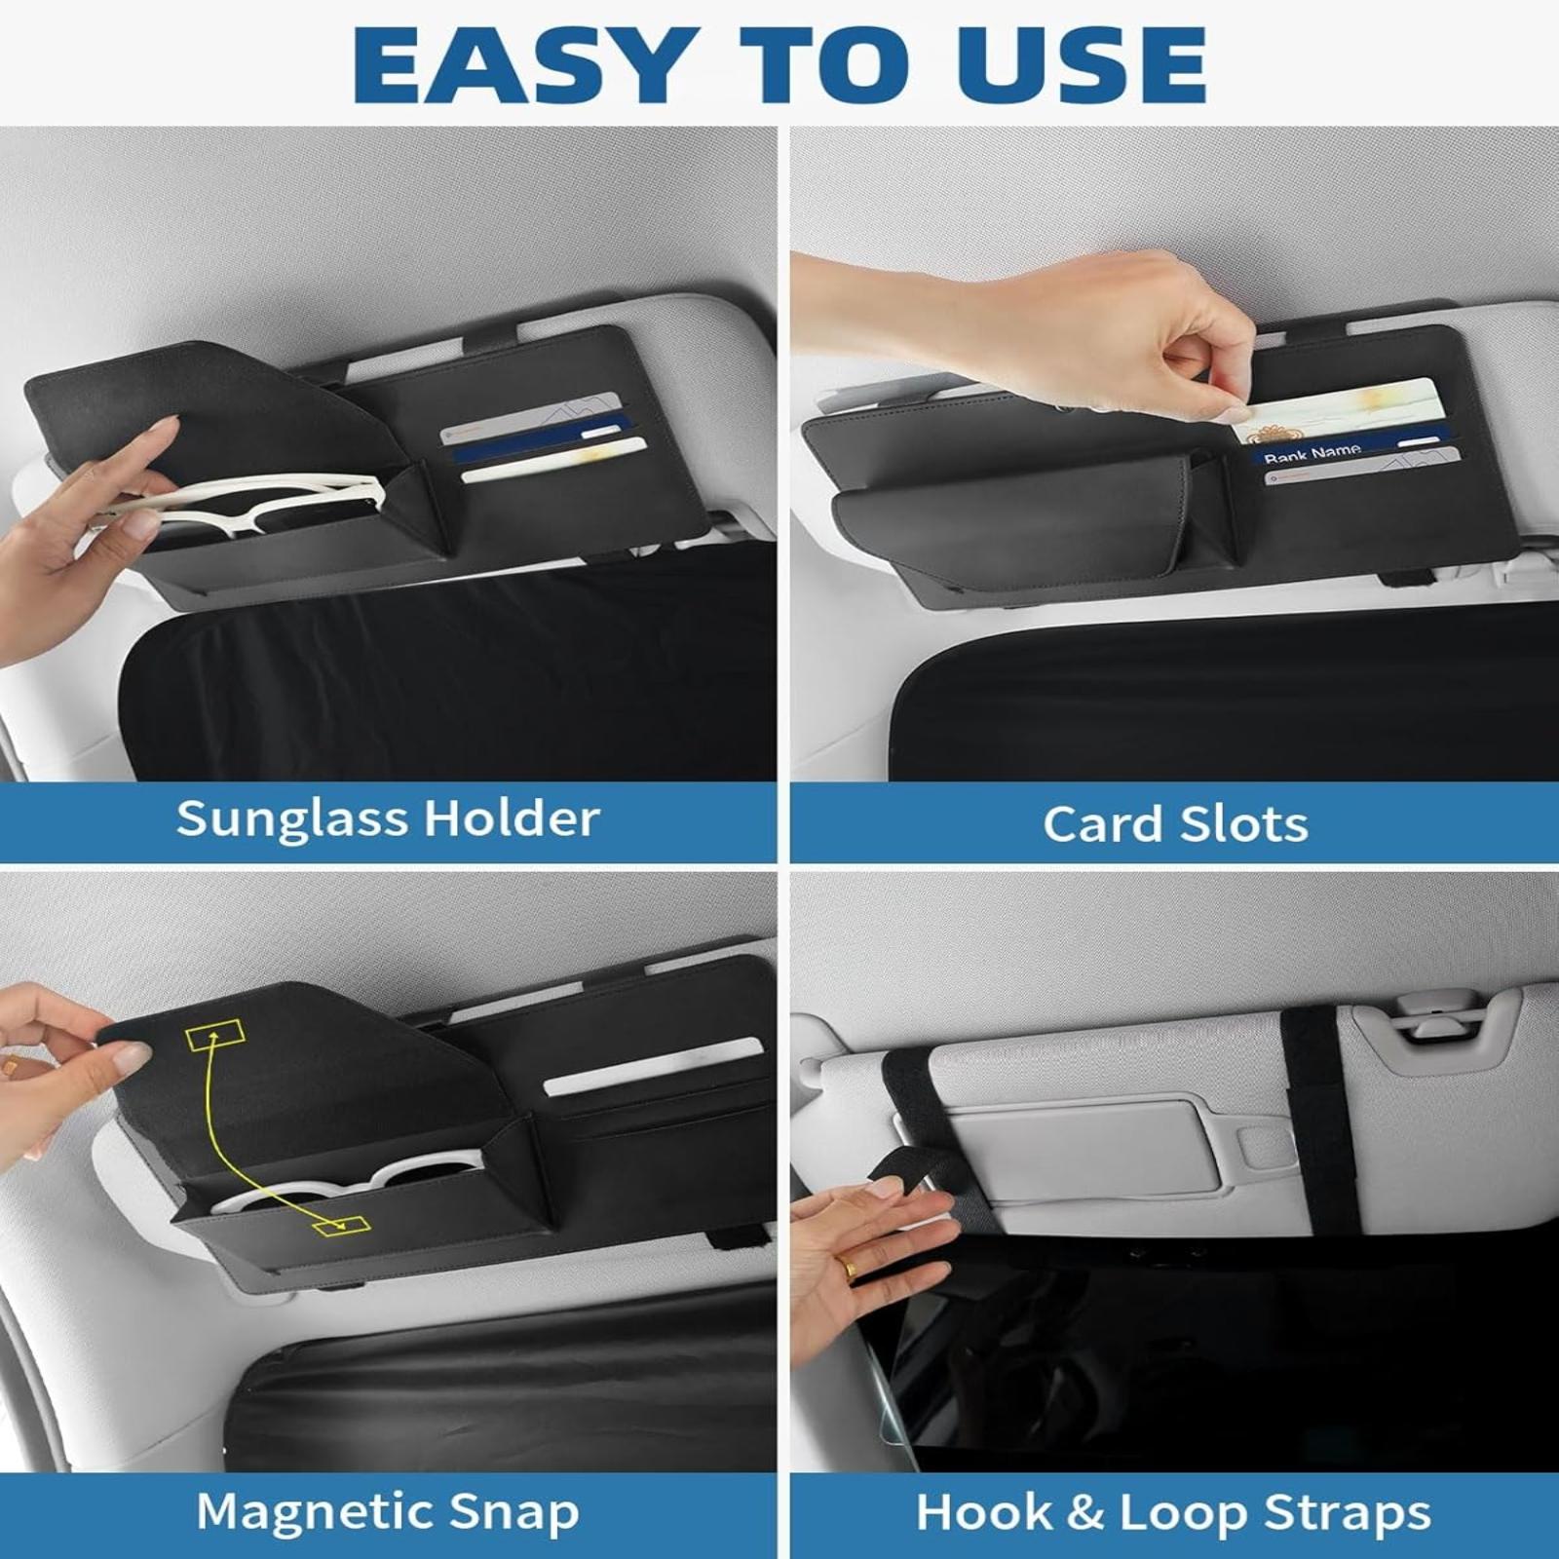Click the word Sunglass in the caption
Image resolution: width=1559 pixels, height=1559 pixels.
click(289, 819)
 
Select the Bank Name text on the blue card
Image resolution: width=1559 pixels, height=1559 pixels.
click(1312, 452)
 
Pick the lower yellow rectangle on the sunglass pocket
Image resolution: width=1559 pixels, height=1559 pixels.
click(341, 1226)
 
